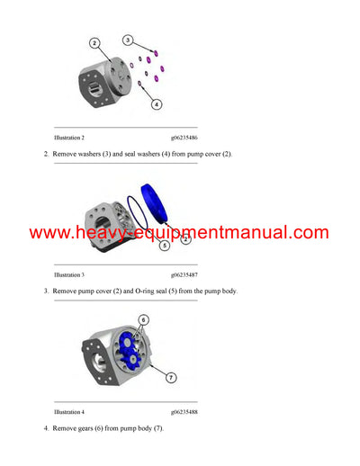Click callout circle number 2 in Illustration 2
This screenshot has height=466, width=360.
(95, 42)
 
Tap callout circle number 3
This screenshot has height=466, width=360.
(128, 40)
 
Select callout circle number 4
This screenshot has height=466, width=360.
(156, 104)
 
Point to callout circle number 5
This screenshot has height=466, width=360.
(165, 245)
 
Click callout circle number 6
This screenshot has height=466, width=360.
(143, 319)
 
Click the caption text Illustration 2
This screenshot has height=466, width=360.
(69, 138)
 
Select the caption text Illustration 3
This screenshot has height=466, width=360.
(69, 274)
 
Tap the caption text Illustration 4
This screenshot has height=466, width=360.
(69, 411)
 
